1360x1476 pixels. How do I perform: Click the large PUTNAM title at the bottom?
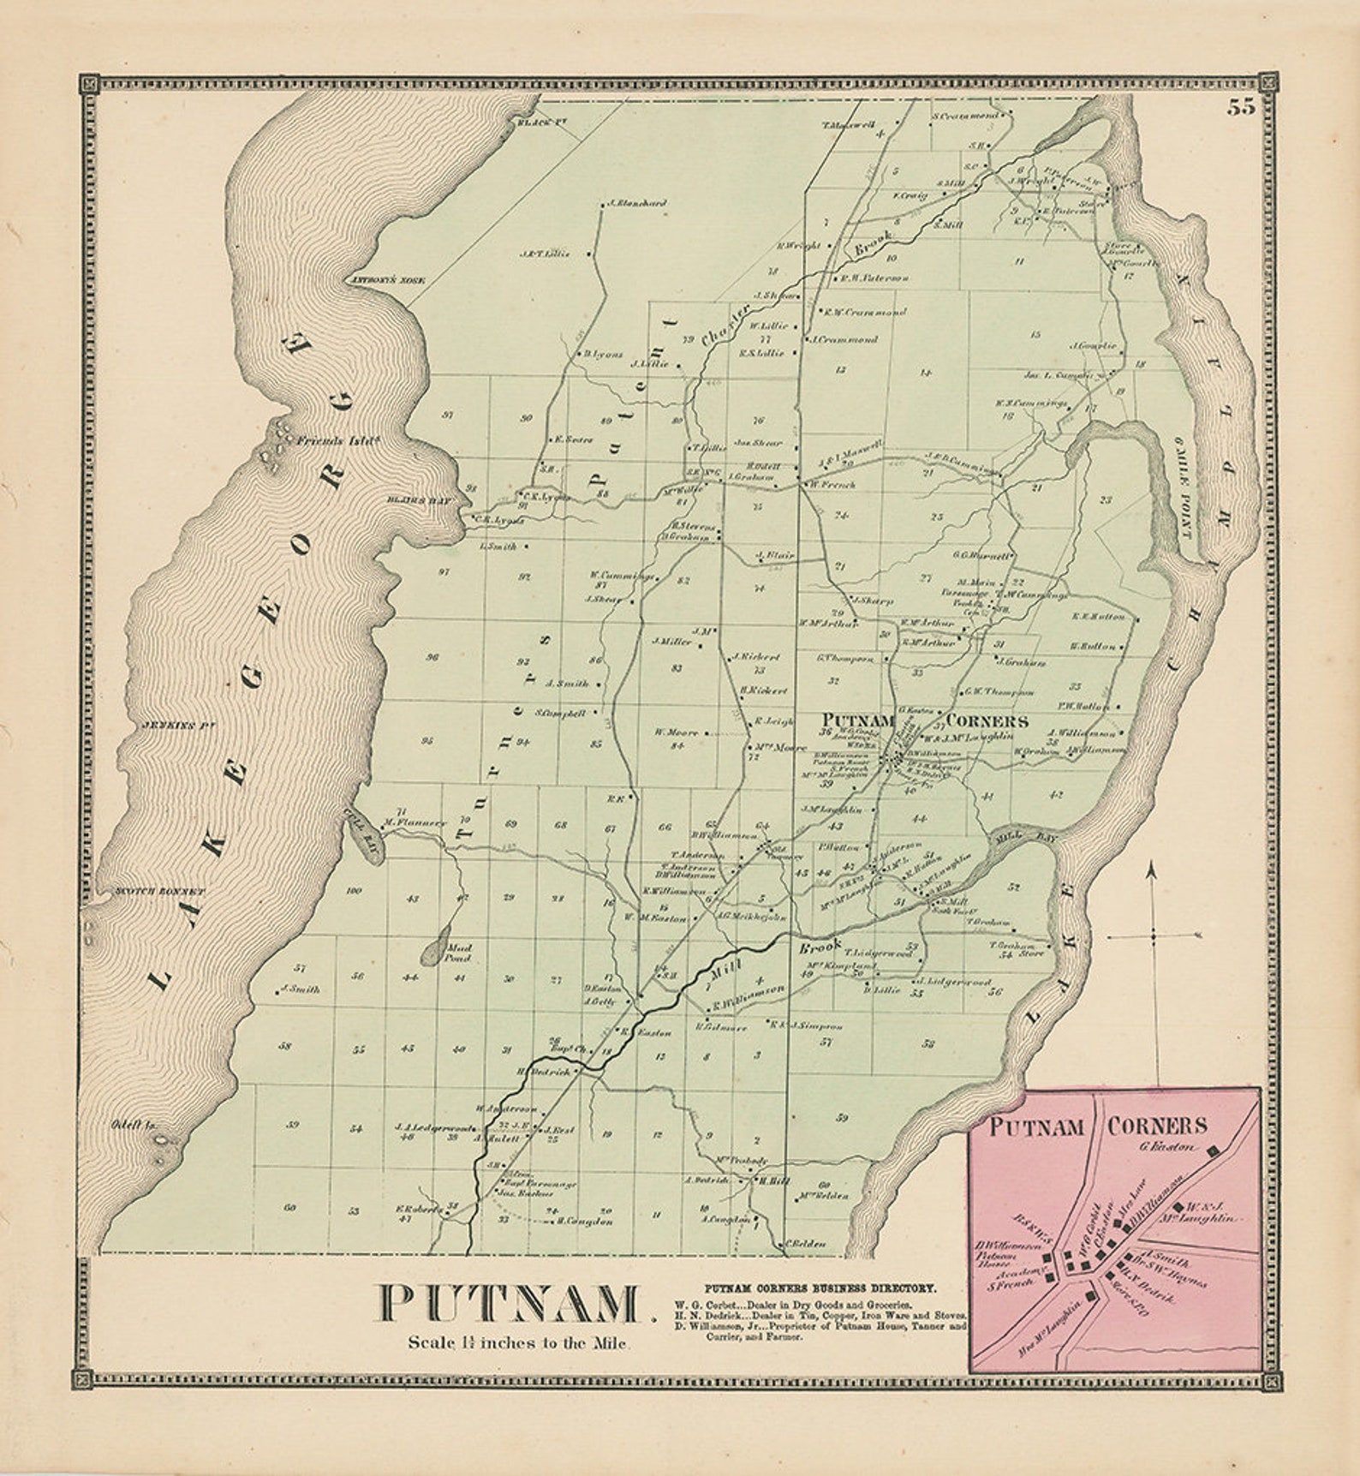coord(511,1304)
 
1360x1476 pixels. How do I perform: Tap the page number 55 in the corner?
coord(1240,107)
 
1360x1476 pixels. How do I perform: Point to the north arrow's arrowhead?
coord(1153,869)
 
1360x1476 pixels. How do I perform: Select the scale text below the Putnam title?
coord(519,1342)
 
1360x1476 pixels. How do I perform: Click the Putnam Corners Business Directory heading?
coord(820,1288)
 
